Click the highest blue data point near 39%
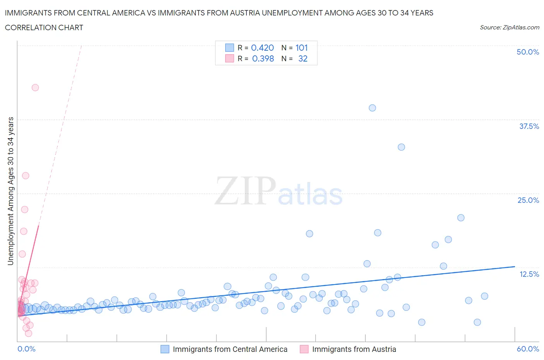(x=372, y=108)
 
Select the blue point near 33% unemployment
(x=401, y=147)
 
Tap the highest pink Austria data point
(x=35, y=87)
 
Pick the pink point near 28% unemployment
(x=26, y=176)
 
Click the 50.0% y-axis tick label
(x=528, y=52)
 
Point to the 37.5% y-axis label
(x=529, y=126)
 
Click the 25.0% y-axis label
(x=528, y=200)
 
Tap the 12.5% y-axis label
(x=529, y=274)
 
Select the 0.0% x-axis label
(x=27, y=349)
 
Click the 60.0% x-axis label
(x=528, y=349)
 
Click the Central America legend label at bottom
(x=230, y=349)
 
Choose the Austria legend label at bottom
(x=354, y=349)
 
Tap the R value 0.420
(x=262, y=48)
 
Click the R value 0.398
(x=263, y=58)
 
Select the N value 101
(x=301, y=48)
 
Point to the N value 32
(x=303, y=58)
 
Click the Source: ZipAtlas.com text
(x=509, y=27)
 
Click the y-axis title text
(x=10, y=191)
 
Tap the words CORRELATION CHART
(x=44, y=27)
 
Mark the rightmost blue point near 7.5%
(x=484, y=296)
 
